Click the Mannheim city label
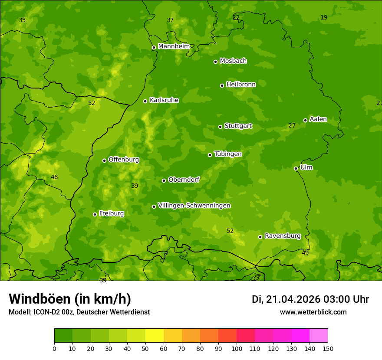174,46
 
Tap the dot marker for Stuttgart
220,127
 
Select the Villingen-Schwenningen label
194,206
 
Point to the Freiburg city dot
95,214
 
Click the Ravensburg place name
283,236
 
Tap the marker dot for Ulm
296,168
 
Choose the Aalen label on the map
318,119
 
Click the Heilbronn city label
241,85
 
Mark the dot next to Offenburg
104,160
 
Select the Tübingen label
228,154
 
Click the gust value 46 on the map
54,177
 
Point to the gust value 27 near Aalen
292,126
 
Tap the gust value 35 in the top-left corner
22,20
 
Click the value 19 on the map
324,18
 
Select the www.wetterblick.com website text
313,312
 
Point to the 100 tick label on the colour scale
237,348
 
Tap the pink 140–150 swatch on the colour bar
319,335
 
